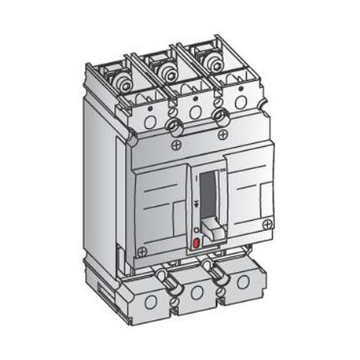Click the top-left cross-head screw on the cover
point(174,146)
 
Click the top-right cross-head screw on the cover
point(224,135)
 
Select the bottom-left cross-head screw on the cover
point(142,252)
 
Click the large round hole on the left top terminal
point(150,122)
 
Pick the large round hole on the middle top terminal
point(194,112)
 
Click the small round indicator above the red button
point(195,230)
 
